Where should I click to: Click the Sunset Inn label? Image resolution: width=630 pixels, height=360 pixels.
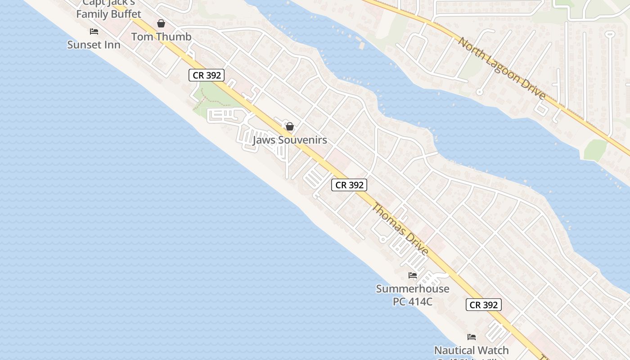point(94,45)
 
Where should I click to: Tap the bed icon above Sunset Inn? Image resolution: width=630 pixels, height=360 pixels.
point(94,31)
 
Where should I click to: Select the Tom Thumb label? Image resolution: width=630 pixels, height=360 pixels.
point(161,37)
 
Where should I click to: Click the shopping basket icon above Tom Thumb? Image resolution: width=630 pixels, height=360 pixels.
point(161,23)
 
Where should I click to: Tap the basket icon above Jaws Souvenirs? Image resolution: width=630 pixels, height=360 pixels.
point(290,126)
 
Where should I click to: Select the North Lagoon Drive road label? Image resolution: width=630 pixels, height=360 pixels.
point(502,68)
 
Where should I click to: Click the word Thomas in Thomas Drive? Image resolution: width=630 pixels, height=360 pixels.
point(387,220)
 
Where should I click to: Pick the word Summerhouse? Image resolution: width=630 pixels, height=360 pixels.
point(412,289)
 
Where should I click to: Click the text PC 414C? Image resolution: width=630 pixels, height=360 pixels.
point(412,301)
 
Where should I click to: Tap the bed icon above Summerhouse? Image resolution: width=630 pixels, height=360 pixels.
point(413,275)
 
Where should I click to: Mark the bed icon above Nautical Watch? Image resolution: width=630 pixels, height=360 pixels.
point(472,337)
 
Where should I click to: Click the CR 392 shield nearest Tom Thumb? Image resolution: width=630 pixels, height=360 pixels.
point(207,75)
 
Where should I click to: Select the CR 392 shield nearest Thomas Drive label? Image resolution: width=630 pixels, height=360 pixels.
point(350,184)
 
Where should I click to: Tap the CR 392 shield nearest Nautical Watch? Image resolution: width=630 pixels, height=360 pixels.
point(483,305)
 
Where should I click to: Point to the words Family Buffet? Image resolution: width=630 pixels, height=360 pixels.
point(108,14)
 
